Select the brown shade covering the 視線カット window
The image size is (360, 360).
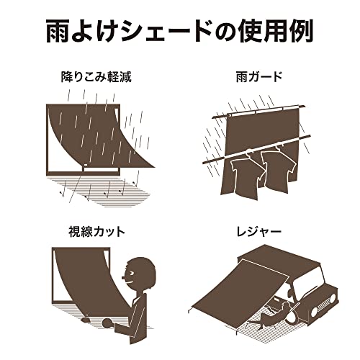(x=79, y=284)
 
